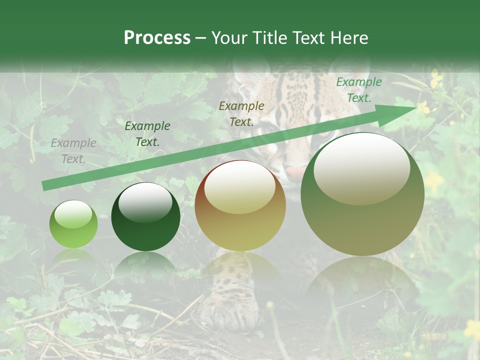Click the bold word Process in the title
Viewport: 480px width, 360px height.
[x=157, y=38]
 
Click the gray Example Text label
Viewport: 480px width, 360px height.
[x=73, y=151]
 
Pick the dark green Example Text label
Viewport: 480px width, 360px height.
[x=147, y=134]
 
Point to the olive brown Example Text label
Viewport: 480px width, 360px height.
[x=241, y=113]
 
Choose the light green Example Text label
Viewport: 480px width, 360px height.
[x=358, y=90]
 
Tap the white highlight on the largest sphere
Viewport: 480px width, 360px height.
[x=361, y=169]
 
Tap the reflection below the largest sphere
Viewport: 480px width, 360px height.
[x=362, y=280]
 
